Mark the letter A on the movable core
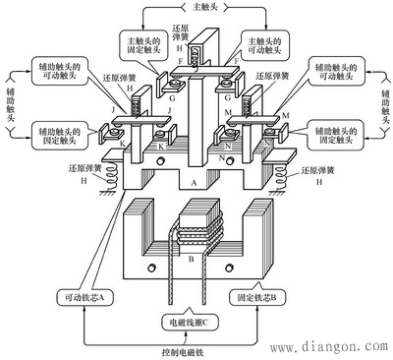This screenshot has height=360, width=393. [193, 184]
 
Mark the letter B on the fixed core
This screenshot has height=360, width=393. [192, 261]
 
